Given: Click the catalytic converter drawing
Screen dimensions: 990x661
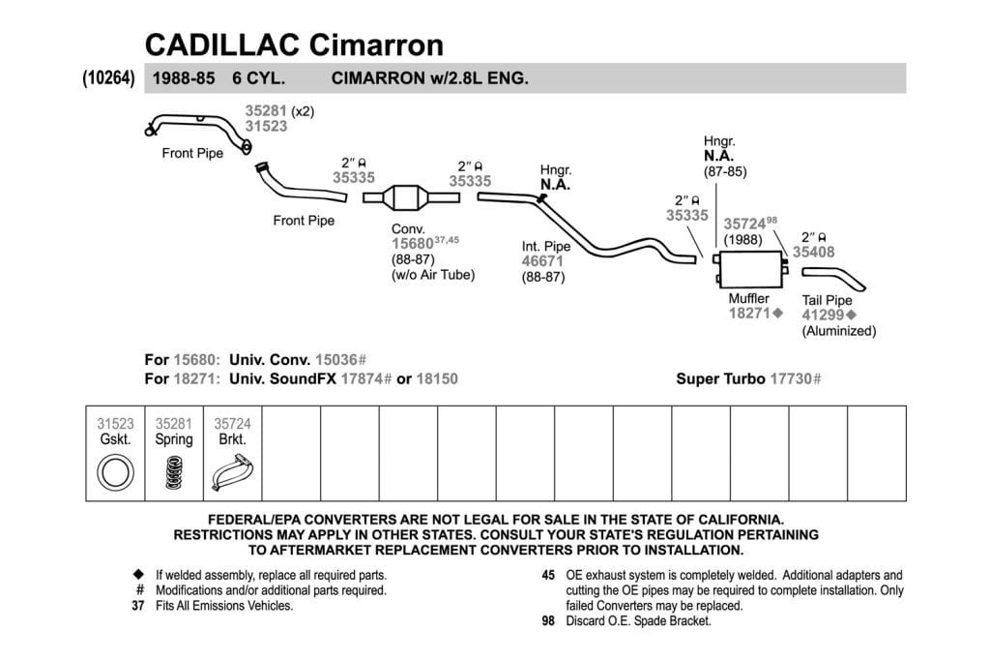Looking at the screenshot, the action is [411, 197].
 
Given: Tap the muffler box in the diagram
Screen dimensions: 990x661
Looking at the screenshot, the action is [750, 269].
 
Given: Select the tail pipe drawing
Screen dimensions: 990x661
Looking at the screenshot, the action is [833, 278].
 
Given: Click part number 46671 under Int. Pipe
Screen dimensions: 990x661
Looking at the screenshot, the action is [542, 261].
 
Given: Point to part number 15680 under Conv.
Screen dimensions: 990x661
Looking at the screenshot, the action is [412, 244].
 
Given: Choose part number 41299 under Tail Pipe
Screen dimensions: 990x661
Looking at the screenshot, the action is [823, 315].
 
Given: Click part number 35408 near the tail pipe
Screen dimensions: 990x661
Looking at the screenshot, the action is [813, 253].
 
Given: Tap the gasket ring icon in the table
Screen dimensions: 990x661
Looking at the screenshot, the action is [116, 473].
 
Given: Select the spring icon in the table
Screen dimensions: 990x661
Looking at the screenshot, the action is [174, 472].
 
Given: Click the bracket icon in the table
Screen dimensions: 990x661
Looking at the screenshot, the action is [232, 472].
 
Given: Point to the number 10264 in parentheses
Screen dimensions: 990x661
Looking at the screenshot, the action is [108, 77].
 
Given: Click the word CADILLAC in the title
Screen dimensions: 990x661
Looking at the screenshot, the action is [221, 45].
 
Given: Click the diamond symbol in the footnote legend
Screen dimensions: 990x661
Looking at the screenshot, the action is [139, 575].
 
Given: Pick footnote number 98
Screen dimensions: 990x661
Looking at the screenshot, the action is [548, 621].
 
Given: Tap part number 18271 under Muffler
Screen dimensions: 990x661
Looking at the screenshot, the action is [749, 313].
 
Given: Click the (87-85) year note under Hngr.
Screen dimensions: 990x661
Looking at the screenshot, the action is [725, 171].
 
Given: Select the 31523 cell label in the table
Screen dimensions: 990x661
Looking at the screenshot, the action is [116, 424].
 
